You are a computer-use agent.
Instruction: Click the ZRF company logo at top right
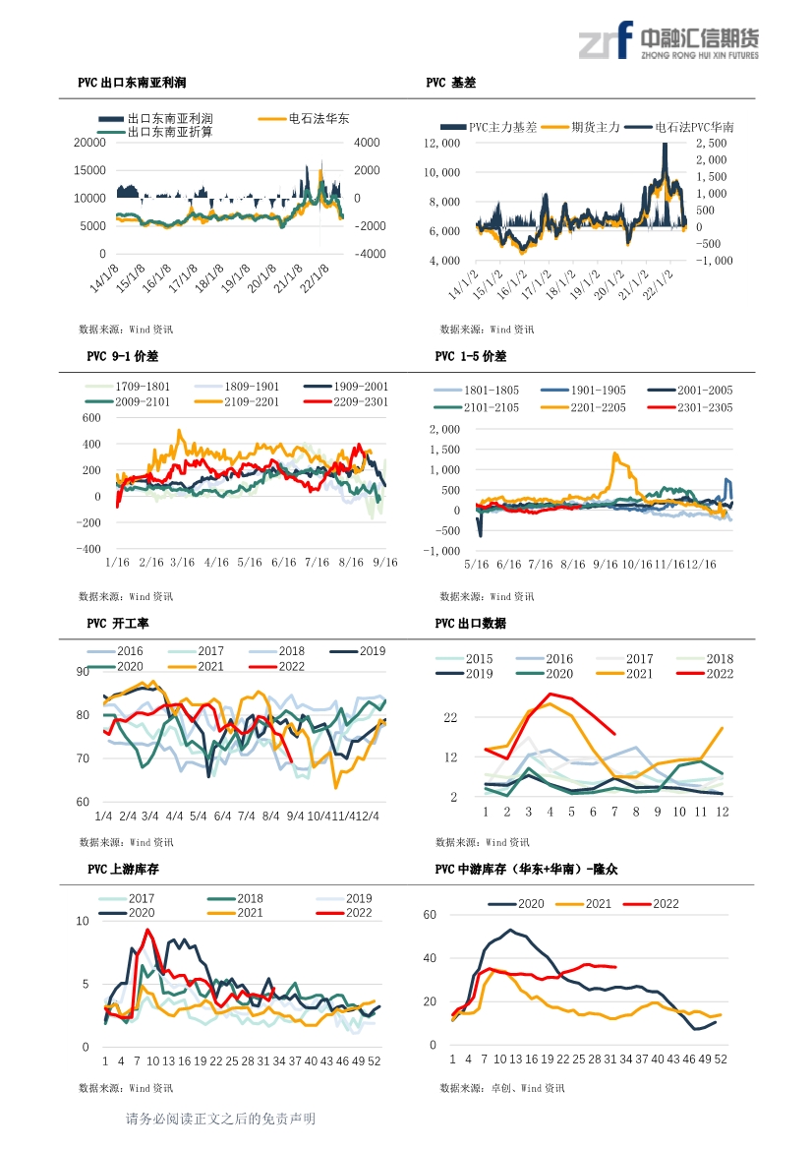coord(668,40)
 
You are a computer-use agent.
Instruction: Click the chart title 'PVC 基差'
coord(450,83)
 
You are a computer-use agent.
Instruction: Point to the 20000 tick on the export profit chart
coord(89,143)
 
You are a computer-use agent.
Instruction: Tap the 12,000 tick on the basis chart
coord(442,143)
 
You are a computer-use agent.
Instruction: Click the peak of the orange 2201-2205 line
coord(614,454)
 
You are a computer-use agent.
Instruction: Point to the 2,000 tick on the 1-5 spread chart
coord(445,429)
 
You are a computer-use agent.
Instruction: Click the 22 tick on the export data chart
coord(450,717)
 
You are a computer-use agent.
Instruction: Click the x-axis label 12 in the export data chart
coord(723,812)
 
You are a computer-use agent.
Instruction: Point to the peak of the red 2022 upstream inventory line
coord(148,930)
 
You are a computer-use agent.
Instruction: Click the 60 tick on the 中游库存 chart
coord(431,915)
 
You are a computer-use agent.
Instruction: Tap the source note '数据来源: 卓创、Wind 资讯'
coord(502,1088)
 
